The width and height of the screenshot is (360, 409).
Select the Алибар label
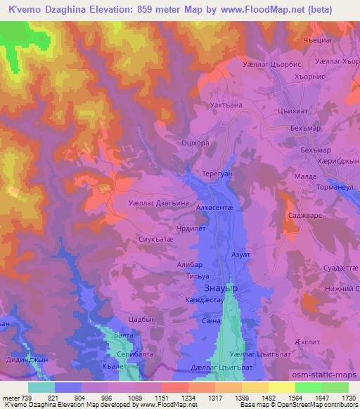189,265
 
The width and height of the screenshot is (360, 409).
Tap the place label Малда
305,178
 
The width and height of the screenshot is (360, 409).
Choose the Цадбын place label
142,318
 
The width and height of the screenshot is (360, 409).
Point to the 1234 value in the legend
174,398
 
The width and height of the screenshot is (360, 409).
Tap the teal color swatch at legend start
41,387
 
